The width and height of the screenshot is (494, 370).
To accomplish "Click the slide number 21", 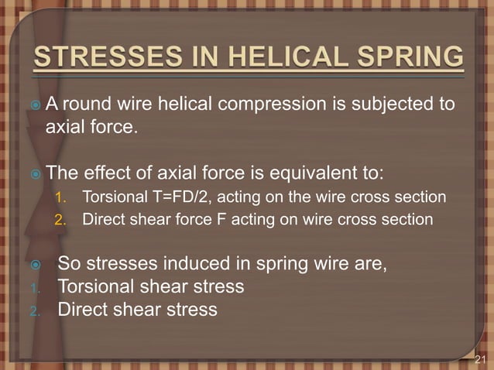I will [481, 358].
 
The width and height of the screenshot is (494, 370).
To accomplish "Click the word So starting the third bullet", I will [70, 263].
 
